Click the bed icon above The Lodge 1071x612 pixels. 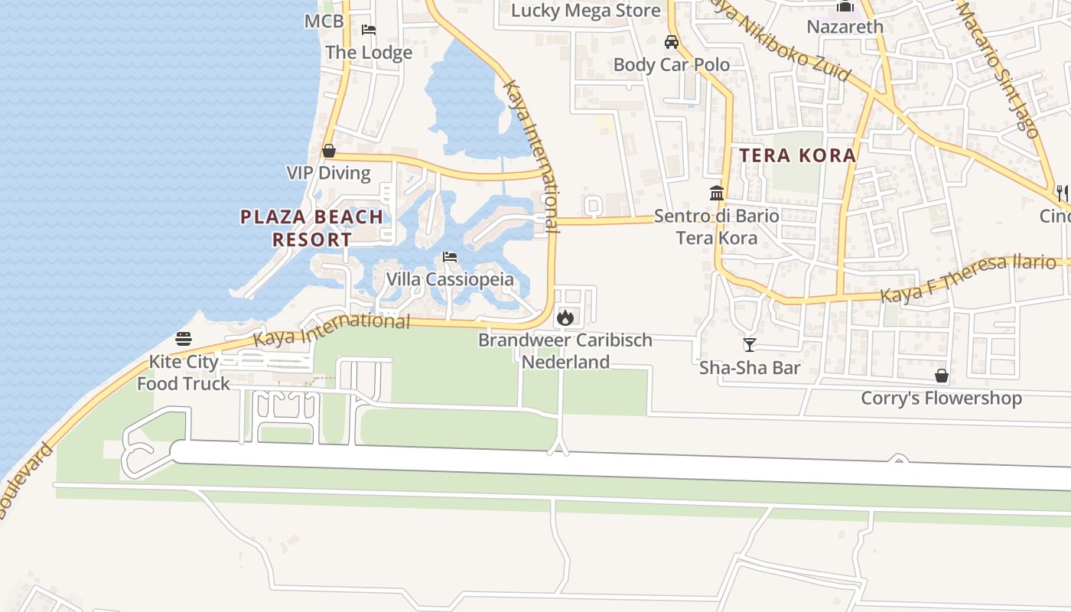369,31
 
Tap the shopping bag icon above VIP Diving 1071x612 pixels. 329,151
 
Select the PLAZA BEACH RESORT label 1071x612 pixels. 312,228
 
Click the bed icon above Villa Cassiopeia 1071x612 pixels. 450,257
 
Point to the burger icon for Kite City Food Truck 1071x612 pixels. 184,338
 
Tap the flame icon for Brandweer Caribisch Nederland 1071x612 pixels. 565,317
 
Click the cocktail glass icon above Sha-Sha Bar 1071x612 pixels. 750,345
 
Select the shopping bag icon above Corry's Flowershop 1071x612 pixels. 942,376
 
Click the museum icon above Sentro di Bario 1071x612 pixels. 717,193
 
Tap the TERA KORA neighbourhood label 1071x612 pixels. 798,155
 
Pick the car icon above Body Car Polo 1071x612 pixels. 672,42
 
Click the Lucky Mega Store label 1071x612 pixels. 585,11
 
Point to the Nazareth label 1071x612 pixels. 845,27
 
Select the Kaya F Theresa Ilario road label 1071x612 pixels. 968,278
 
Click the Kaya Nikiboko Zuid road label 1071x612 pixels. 780,40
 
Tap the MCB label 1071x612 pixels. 324,21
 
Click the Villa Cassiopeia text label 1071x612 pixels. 450,279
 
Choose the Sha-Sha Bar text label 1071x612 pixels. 750,368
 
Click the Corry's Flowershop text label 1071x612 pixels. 941,399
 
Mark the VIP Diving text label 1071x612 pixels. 329,173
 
